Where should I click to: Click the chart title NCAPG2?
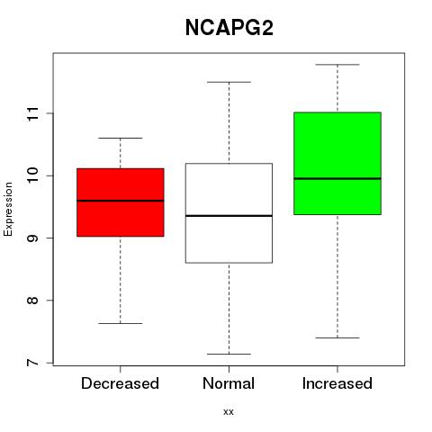tap(229, 28)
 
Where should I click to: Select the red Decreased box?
tap(121, 202)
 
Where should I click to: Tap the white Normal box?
tap(229, 213)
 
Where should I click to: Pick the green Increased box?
tap(337, 164)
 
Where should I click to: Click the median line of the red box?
tap(121, 201)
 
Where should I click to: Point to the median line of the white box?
tap(229, 216)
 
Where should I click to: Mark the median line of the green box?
tap(337, 178)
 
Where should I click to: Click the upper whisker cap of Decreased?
tap(121, 138)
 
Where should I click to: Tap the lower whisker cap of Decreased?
tap(121, 323)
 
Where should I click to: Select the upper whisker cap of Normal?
tap(229, 82)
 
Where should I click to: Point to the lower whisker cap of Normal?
tap(229, 354)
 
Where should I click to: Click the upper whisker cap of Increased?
tap(337, 65)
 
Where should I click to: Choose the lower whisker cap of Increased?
tap(337, 337)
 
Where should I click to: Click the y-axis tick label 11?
tap(33, 113)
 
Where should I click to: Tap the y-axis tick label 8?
tap(33, 301)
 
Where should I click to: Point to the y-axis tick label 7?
tap(33, 363)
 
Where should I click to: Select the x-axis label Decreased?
tap(120, 383)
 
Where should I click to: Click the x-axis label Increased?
tap(337, 383)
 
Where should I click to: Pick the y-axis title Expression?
tap(8, 209)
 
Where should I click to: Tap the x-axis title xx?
tap(229, 412)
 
